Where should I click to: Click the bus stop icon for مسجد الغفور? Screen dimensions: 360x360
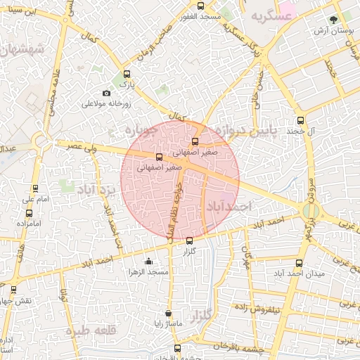pos(201,6)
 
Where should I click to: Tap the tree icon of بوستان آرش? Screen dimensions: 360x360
pos(333,19)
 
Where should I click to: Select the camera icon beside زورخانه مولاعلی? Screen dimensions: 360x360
pos(106,93)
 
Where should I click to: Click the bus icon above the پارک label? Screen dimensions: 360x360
pos(127,74)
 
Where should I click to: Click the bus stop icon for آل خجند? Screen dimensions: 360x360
pos(301,120)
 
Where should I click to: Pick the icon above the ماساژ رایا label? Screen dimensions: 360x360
pos(167,314)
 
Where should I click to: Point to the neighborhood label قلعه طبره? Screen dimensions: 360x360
pos(90,330)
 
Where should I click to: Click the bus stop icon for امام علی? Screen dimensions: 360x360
pos(36,188)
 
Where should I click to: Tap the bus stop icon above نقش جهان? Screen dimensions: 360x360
pos(13,289)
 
